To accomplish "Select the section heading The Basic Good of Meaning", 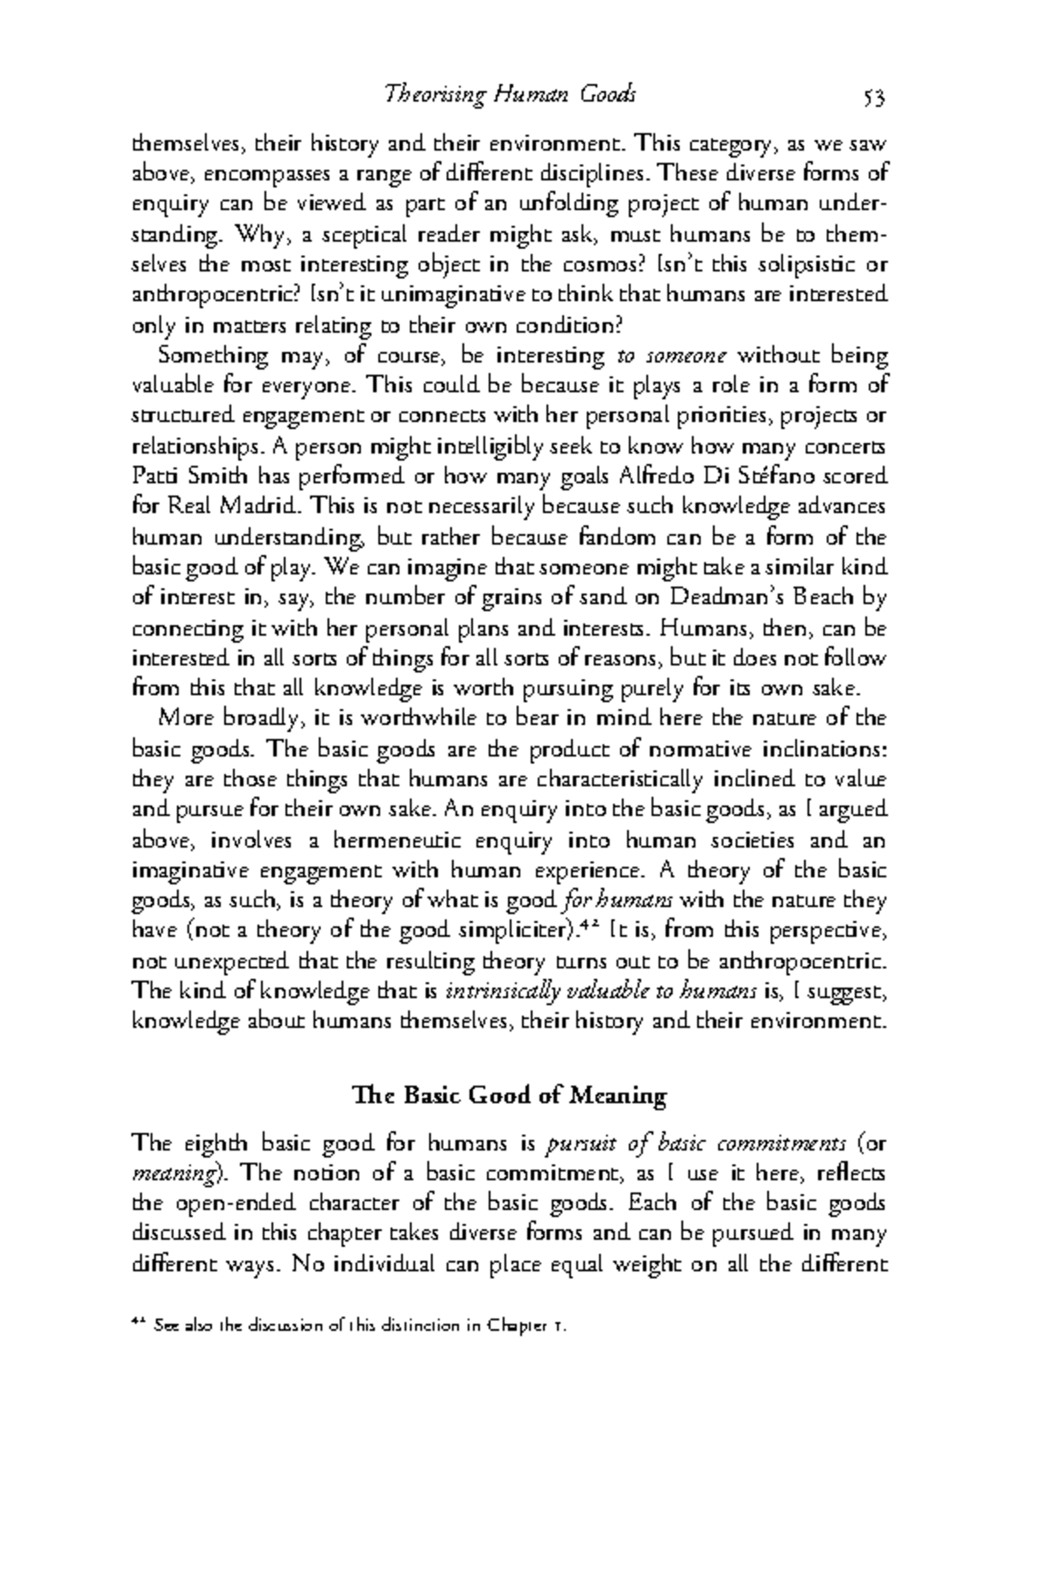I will coord(509,1095).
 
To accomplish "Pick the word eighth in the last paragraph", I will coord(216,1144).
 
